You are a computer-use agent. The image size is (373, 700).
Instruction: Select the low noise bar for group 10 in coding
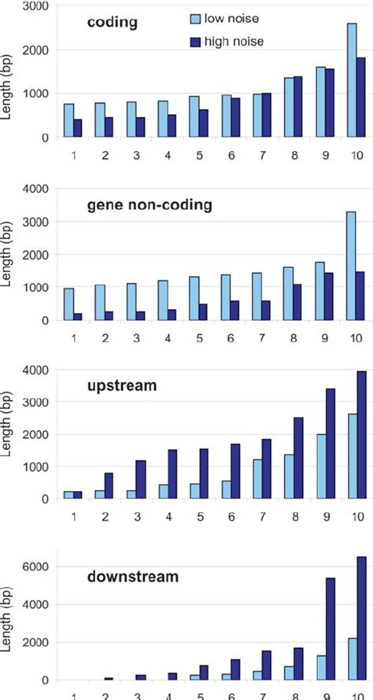click(350, 80)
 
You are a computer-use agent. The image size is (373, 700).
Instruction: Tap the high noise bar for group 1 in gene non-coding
click(79, 317)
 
